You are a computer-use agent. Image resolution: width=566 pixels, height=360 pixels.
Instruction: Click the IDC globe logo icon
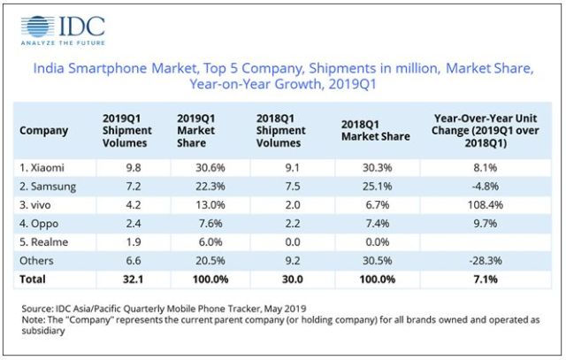[37, 26]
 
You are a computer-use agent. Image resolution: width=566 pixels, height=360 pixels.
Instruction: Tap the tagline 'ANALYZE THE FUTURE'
[63, 43]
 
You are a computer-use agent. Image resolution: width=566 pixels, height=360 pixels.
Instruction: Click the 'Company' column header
[43, 130]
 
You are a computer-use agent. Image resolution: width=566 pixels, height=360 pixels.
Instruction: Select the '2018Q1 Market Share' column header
[375, 130]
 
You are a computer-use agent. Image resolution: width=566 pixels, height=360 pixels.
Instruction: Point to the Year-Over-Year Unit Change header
[486, 131]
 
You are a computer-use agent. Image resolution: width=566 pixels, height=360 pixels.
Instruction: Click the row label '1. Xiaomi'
[42, 167]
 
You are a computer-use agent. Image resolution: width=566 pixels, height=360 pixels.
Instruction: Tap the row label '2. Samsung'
[48, 187]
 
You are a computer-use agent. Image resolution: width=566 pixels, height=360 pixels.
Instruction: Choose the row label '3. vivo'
[35, 205]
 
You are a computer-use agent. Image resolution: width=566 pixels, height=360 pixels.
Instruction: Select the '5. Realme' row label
[43, 242]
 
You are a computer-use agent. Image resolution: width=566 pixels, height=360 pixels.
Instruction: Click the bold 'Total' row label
[33, 280]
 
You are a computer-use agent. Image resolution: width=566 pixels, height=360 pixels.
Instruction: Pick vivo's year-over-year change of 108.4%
[486, 205]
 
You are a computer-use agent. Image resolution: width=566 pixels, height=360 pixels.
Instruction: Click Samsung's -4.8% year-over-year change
[486, 187]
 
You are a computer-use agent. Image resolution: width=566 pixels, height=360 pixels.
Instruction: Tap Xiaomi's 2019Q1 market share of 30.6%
[210, 167]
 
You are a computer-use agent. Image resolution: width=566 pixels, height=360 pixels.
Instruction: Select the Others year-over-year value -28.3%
[486, 261]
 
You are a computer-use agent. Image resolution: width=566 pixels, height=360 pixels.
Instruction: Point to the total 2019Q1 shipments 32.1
[134, 280]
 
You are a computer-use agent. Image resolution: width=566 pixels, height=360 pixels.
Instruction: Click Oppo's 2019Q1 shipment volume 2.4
[134, 224]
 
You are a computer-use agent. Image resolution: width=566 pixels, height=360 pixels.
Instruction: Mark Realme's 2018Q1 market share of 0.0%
[378, 242]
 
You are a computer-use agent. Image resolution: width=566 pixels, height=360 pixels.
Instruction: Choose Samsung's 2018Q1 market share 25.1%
[378, 187]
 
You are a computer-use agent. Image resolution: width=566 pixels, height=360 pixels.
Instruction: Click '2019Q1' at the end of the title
[352, 84]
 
